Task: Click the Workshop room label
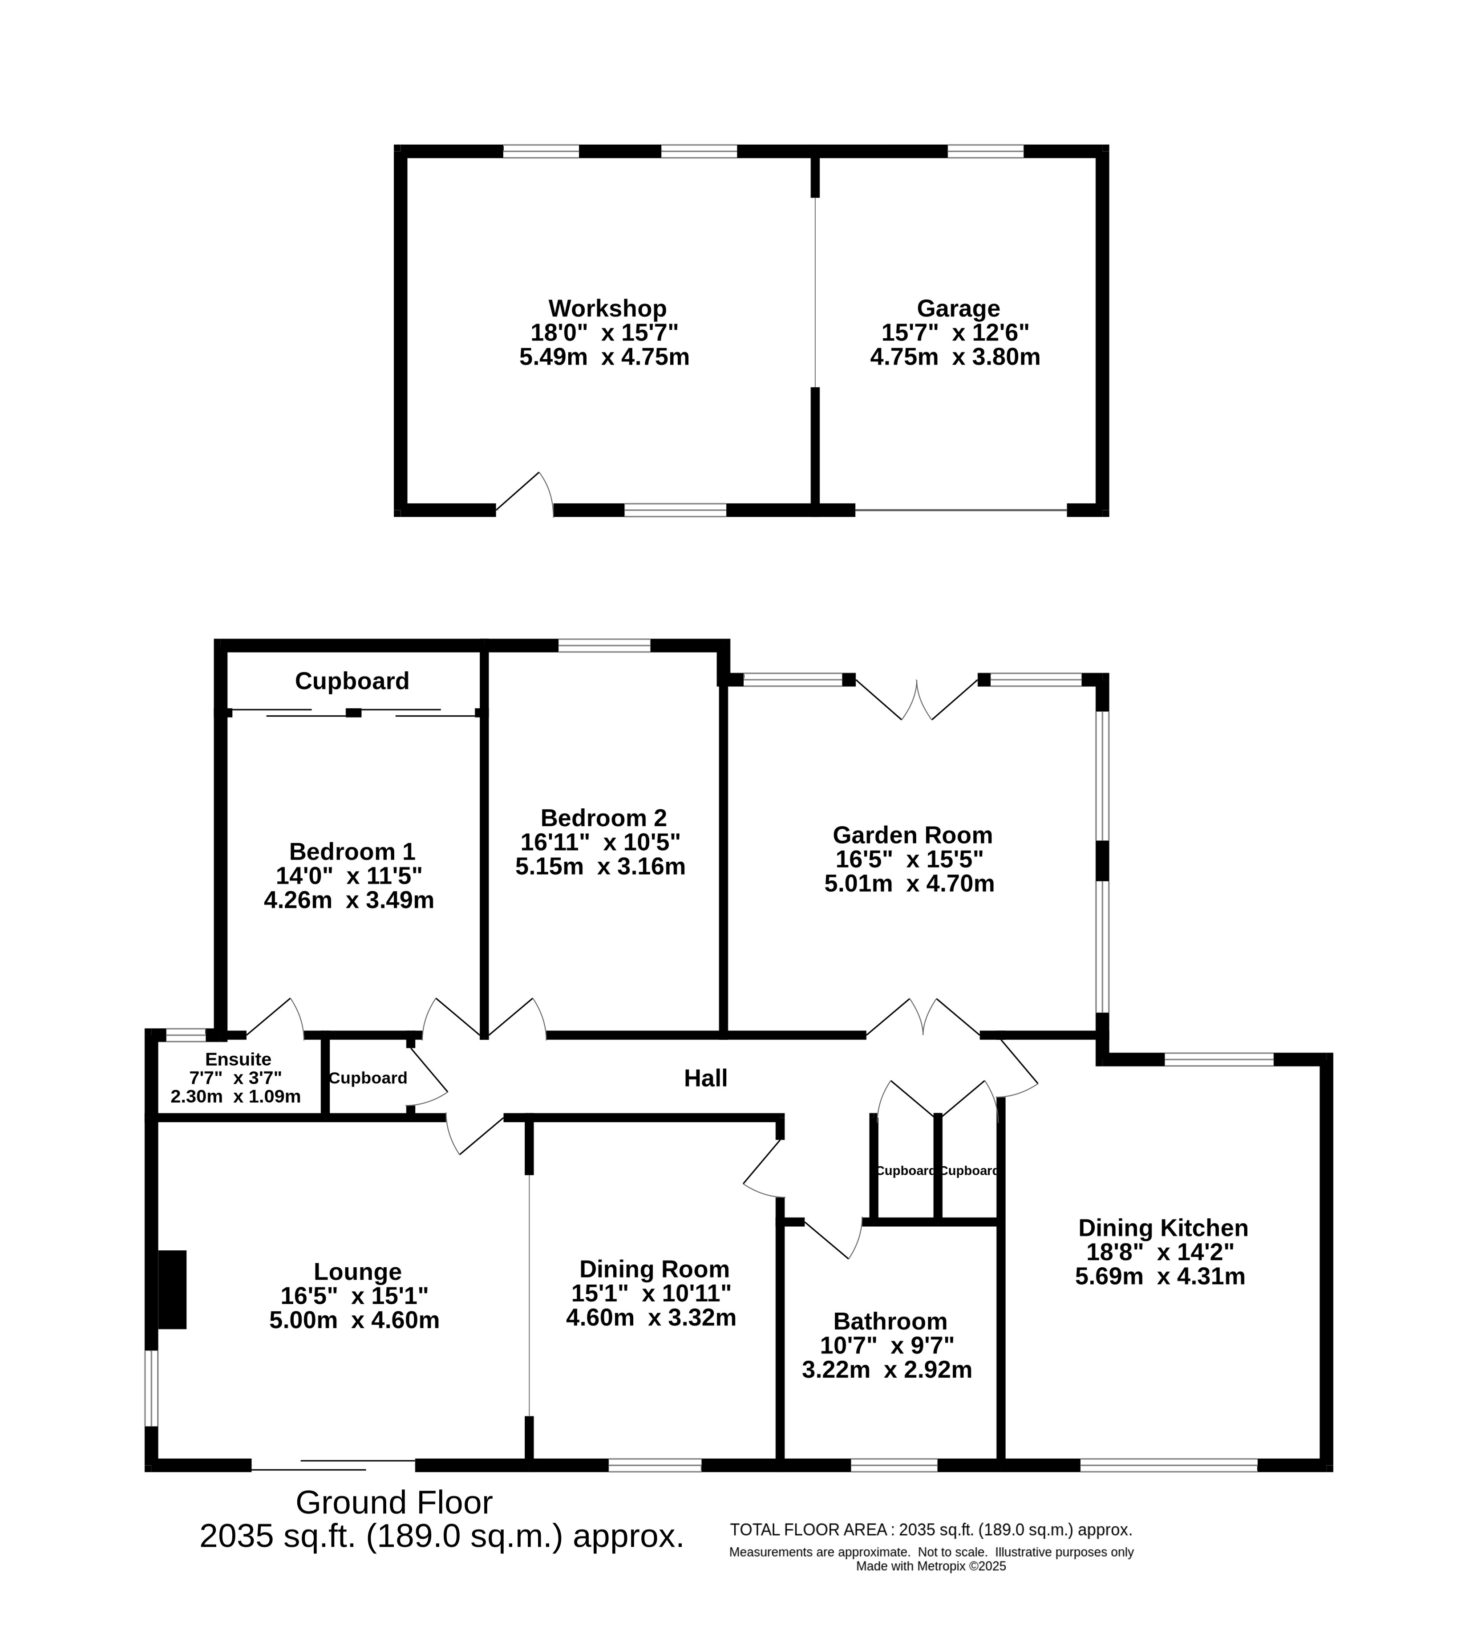(607, 309)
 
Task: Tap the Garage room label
(958, 309)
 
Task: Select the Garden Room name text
(912, 835)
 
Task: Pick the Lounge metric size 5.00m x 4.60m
(354, 1320)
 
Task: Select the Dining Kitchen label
(1162, 1228)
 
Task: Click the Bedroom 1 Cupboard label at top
(352, 681)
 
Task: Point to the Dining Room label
(654, 1269)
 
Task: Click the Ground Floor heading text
(394, 1502)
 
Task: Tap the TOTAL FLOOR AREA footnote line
(931, 1530)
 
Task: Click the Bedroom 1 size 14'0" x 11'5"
(349, 876)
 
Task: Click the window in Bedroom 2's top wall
(604, 645)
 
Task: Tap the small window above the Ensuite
(186, 1034)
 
